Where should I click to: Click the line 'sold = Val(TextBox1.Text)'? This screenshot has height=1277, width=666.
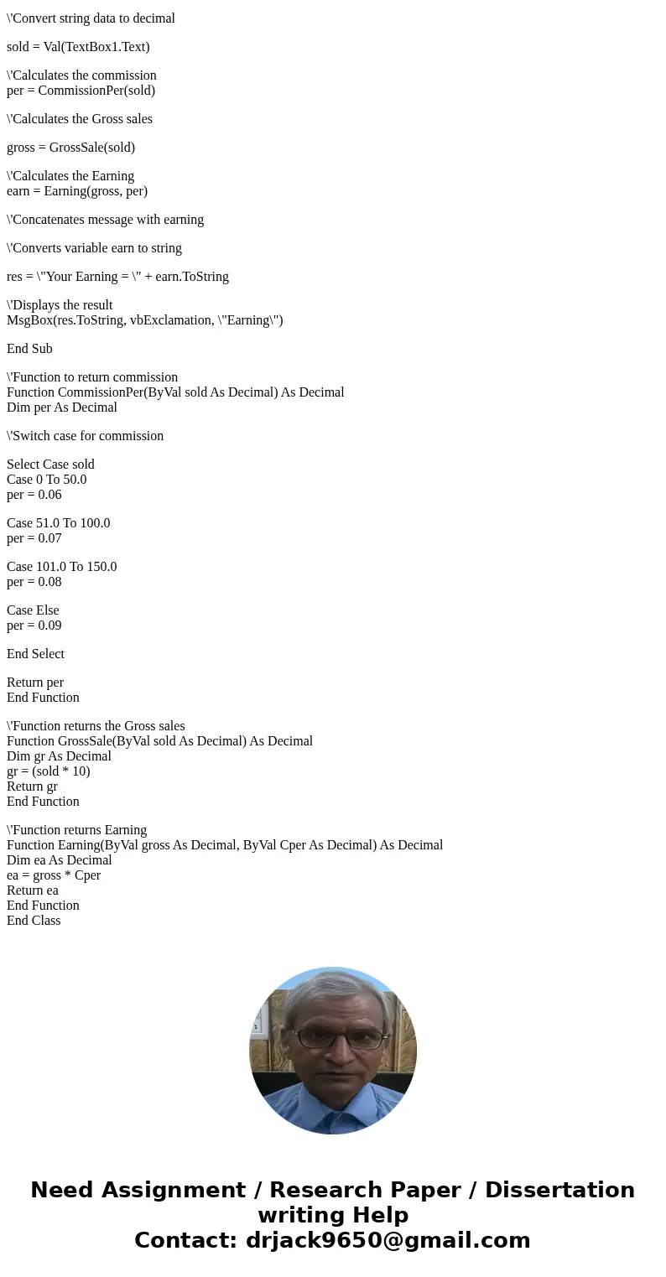coord(78,47)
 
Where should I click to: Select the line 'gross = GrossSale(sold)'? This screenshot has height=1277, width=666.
coord(70,148)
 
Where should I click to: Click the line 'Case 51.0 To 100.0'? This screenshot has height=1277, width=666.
coord(58,523)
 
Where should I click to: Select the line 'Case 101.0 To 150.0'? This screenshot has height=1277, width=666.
coord(61,567)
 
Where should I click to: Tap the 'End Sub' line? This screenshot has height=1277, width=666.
coord(29,349)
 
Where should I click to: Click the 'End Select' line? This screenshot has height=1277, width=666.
coord(35,654)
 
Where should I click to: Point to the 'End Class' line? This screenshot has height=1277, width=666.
coord(34,921)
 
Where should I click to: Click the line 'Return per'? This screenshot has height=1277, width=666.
coord(35,683)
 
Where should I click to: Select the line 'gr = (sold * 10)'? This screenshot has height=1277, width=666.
coord(48,771)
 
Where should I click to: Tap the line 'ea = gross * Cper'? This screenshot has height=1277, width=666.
coord(54,875)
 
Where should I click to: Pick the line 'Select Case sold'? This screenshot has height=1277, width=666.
coord(50,465)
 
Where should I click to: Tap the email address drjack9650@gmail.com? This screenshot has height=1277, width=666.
coord(388,1240)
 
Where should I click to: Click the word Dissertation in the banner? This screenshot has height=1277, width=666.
coord(559,1190)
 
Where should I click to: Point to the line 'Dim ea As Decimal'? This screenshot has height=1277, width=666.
coord(59,860)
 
